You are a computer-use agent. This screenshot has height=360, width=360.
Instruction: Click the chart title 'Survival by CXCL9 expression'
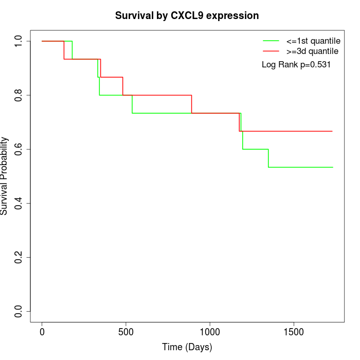(x=187, y=16)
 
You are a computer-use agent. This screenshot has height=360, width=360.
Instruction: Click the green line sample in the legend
(x=271, y=41)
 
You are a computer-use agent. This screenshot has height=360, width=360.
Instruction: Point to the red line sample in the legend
(x=271, y=51)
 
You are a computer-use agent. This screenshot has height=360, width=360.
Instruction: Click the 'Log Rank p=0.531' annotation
(x=296, y=65)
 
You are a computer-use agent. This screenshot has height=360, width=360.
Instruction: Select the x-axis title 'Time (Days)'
(x=187, y=348)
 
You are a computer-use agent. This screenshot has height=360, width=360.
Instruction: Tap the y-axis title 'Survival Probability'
(x=5, y=176)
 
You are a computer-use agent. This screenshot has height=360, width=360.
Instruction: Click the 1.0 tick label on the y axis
(x=19, y=41)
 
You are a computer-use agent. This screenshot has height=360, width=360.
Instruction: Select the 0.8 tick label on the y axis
(x=19, y=95)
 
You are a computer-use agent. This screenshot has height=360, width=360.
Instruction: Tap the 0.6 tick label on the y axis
(x=19, y=149)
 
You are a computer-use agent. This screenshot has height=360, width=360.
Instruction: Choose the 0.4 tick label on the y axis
(x=19, y=203)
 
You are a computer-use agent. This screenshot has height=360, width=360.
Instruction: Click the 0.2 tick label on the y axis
(x=19, y=257)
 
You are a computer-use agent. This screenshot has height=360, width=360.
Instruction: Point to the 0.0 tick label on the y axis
(x=19, y=311)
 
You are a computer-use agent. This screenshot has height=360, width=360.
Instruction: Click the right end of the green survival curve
(x=333, y=167)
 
